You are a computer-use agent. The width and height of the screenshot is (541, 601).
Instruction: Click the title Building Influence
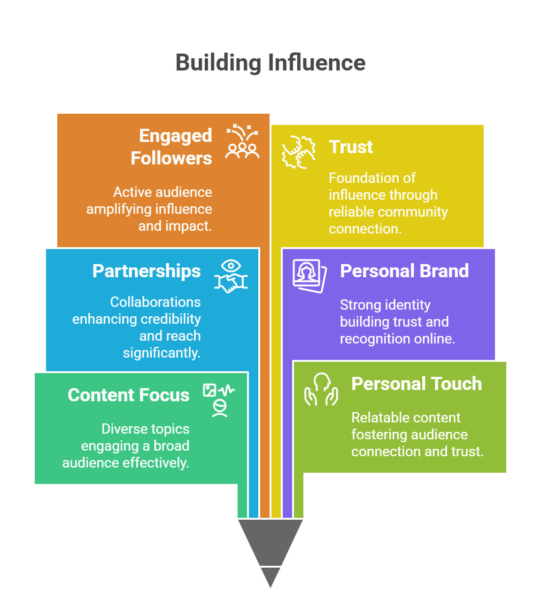[x=270, y=62]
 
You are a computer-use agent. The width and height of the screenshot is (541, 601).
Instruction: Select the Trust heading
[x=351, y=147]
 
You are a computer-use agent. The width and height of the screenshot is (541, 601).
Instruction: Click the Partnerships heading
[x=147, y=271]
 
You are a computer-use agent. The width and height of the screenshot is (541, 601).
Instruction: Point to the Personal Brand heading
[x=404, y=271]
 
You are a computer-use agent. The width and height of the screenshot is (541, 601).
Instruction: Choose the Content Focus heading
[x=129, y=395]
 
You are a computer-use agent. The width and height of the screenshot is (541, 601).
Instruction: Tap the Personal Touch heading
[x=417, y=383]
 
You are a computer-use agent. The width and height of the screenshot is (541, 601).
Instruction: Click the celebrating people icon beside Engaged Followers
[x=242, y=142]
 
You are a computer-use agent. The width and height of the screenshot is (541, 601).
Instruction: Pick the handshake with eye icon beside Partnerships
[x=231, y=276]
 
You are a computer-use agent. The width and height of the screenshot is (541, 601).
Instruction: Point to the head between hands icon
[x=321, y=389]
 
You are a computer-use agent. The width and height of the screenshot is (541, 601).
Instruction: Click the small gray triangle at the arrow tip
[x=270, y=576]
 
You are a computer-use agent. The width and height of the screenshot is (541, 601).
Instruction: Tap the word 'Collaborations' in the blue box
[x=155, y=302]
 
